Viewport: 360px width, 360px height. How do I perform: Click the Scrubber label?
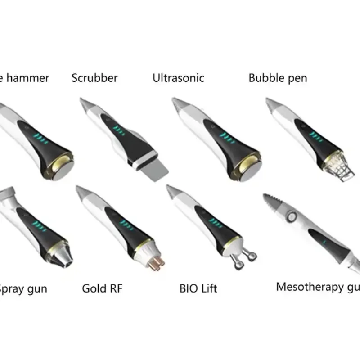coord(94,78)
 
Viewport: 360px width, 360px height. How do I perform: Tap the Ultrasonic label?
coord(178,78)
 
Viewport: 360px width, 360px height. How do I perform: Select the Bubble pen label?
coord(278,78)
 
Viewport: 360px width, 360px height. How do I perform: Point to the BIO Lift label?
coord(198,288)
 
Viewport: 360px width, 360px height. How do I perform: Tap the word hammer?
coord(28,78)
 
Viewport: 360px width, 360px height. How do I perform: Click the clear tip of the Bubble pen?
coord(342,171)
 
